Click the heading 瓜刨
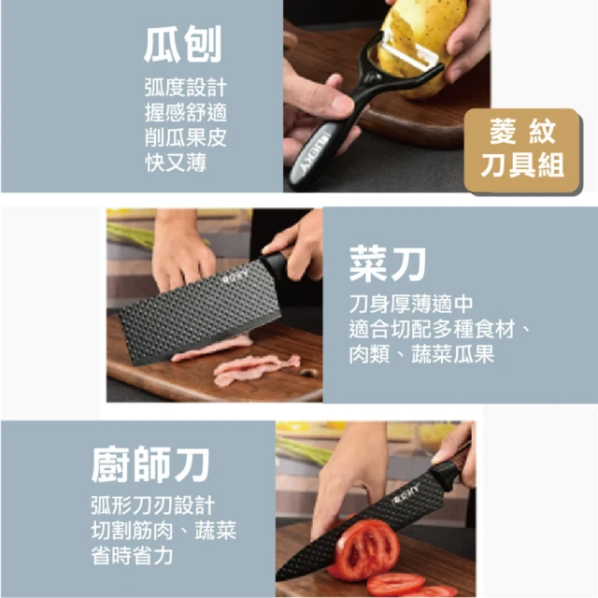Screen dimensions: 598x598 (x=183, y=45)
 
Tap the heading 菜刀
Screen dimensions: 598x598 (x=388, y=263)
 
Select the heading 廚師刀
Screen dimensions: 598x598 (x=150, y=464)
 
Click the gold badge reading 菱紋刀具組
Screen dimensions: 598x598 (x=522, y=150)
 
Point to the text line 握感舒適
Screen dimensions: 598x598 (x=186, y=112)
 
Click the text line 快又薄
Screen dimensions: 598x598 (x=176, y=163)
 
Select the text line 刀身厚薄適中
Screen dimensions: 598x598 (x=411, y=304)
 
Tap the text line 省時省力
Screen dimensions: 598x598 (x=132, y=555)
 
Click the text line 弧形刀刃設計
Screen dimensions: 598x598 (x=153, y=505)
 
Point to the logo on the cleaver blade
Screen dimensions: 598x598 (x=235, y=277)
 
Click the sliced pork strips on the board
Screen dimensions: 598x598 (x=244, y=363)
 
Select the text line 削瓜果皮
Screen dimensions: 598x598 (x=186, y=137)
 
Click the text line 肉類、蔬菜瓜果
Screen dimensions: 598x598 (x=421, y=354)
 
